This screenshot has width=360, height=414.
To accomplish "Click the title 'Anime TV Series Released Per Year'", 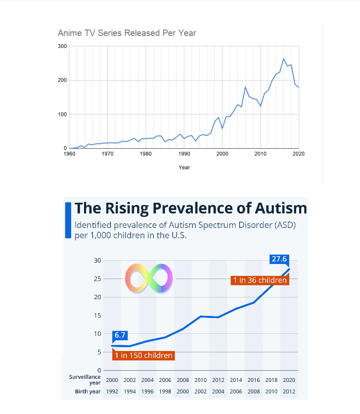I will (127, 33).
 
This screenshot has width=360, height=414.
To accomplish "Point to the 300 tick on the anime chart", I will (62, 46).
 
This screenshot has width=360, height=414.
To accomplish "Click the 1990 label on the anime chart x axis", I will (184, 154).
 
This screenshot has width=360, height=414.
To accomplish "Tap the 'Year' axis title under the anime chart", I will (184, 168).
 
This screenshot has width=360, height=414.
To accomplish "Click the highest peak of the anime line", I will (284, 59).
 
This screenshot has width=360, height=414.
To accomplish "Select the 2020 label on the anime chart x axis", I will (298, 154).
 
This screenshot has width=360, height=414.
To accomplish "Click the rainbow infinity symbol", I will (149, 279).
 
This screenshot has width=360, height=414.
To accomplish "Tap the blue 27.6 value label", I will (279, 259).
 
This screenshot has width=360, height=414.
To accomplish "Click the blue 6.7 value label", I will (120, 335).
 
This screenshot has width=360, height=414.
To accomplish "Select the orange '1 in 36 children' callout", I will (260, 280).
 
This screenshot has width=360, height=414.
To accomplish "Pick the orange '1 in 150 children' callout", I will (144, 355).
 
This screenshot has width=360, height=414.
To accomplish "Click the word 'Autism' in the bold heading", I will (281, 208).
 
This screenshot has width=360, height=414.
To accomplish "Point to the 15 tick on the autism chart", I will (97, 315).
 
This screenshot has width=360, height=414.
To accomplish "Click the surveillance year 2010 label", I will (201, 380).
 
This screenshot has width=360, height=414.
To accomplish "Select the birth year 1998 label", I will (165, 391).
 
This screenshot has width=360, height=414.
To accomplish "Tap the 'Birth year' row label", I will (88, 391).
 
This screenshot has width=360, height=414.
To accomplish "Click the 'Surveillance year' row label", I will (85, 380).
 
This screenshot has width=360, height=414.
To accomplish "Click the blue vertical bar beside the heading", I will (68, 220).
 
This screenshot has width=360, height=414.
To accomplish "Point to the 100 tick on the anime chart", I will (62, 114).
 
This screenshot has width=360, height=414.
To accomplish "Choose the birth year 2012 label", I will (289, 391).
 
